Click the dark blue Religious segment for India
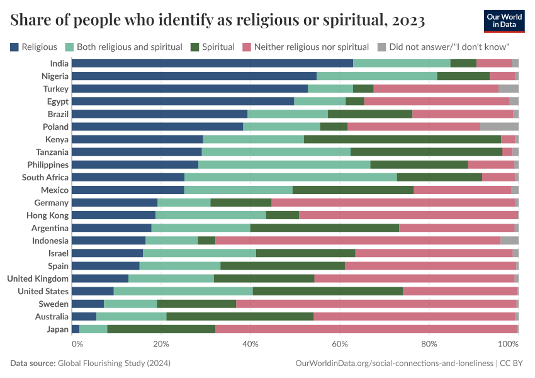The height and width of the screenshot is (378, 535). (212, 63)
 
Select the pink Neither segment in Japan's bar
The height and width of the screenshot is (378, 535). (365, 329)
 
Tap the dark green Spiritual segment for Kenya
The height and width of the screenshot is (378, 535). (402, 139)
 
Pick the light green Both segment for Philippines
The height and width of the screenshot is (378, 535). (284, 164)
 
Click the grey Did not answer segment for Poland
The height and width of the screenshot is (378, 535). (499, 127)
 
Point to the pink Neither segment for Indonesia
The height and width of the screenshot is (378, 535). (358, 241)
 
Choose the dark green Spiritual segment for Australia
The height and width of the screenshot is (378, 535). (240, 316)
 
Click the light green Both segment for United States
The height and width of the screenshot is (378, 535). (183, 291)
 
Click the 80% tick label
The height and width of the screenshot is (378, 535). (429, 344)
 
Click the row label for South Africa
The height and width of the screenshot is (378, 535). (45, 178)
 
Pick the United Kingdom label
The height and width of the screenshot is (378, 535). (38, 278)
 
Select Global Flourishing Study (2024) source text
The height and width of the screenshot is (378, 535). (114, 364)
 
